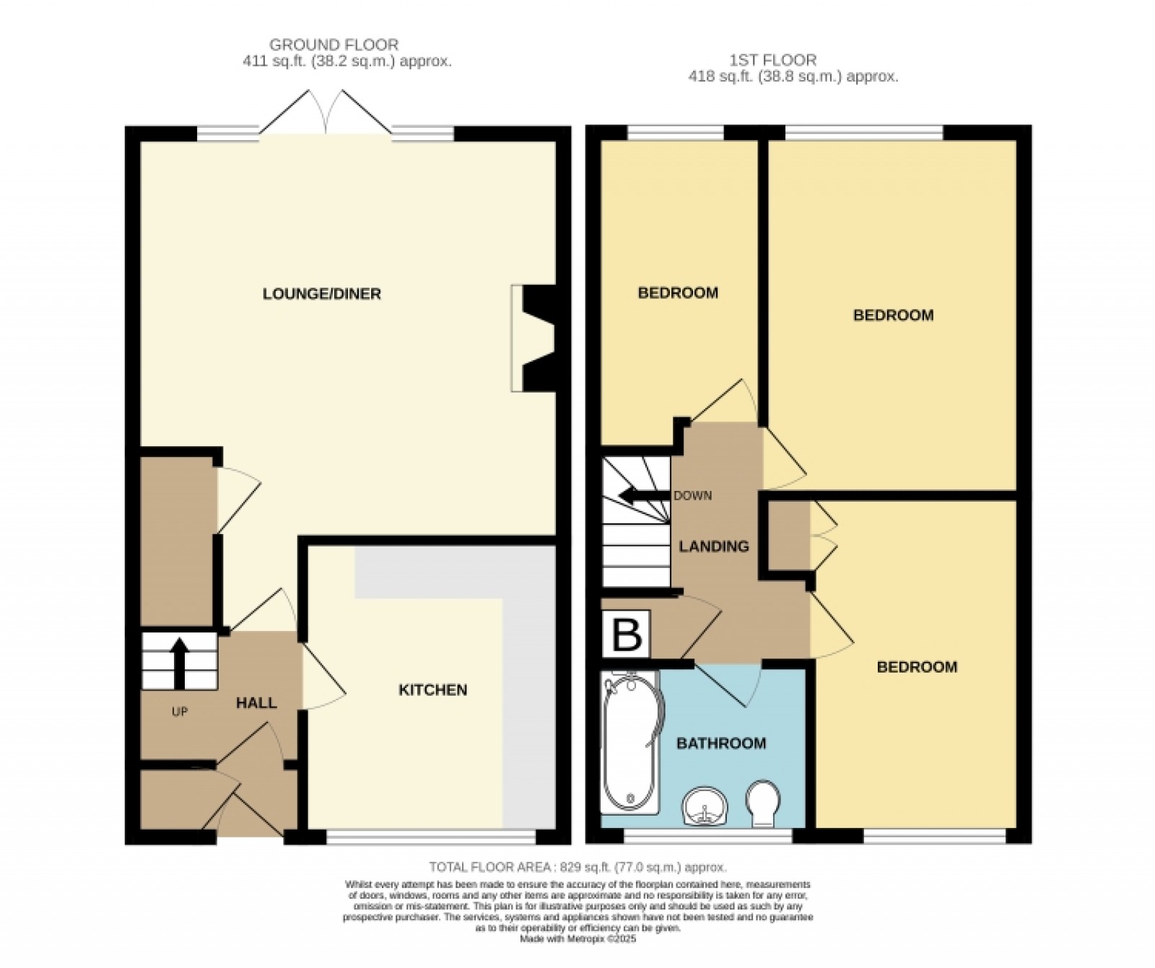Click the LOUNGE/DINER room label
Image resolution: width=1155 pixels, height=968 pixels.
(321, 294)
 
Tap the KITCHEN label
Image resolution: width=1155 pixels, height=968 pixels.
(432, 690)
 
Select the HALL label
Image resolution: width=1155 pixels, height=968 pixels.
(256, 702)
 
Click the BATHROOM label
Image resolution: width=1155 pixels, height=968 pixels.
(720, 744)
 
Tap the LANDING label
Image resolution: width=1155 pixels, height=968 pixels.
(713, 546)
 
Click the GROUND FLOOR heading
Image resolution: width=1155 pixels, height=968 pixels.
(334, 45)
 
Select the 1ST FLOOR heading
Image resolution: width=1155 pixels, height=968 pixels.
(772, 60)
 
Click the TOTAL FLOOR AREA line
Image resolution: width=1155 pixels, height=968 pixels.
(577, 867)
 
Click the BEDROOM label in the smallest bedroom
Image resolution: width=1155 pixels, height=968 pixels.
(677, 292)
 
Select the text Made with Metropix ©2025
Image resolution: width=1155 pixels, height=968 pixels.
(577, 939)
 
